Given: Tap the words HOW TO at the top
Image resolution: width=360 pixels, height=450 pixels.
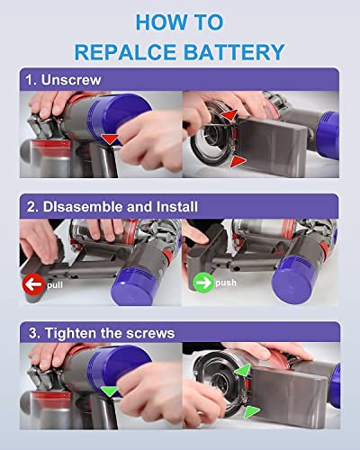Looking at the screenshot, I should coord(180,19).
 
